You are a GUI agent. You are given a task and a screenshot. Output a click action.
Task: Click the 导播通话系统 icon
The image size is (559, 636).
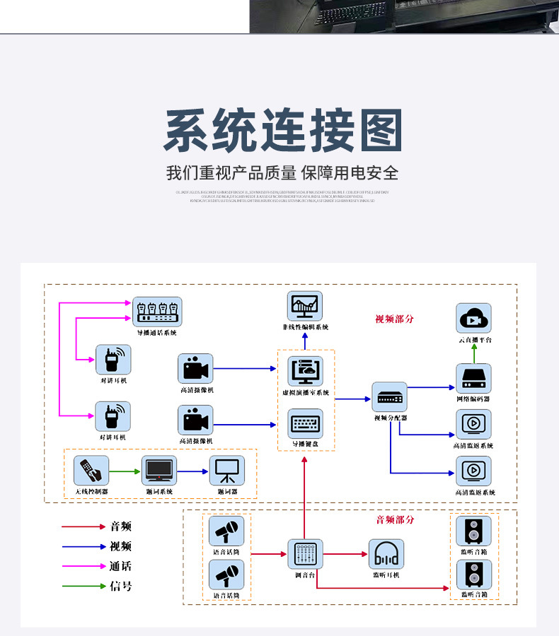pyautogui.click(x=157, y=312)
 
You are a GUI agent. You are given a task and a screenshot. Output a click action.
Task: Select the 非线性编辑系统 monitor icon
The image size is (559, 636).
pyautogui.click(x=305, y=306)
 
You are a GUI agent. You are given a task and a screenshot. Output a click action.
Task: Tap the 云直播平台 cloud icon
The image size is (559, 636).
pyautogui.click(x=473, y=319)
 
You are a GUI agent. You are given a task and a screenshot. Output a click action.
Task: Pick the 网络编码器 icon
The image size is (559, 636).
pyautogui.click(x=473, y=379)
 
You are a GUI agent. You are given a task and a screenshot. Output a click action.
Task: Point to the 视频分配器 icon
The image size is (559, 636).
pyautogui.click(x=391, y=397)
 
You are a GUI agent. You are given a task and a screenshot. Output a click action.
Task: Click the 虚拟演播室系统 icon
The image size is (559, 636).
pyautogui.click(x=305, y=372)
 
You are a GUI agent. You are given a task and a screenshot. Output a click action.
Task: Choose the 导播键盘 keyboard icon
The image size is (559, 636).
pyautogui.click(x=305, y=424)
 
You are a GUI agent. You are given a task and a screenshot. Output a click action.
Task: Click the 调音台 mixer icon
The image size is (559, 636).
pyautogui.click(x=305, y=554)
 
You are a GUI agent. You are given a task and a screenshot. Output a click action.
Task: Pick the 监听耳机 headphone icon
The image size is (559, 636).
pyautogui.click(x=386, y=554)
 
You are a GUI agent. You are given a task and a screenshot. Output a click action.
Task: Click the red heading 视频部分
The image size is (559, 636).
pyautogui.click(x=394, y=319)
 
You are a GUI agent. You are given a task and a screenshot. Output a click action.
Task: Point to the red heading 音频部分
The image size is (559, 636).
pyautogui.click(x=395, y=520)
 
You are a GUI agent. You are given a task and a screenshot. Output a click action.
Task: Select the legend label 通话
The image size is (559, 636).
pyautogui.click(x=120, y=566)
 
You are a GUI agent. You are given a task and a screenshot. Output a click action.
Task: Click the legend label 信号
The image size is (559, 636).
pyautogui.click(x=120, y=586)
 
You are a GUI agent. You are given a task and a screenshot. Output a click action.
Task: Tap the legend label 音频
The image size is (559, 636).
pyautogui.click(x=120, y=526)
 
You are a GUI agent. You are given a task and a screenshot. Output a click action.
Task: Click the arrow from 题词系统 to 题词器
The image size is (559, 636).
pyautogui.click(x=192, y=471)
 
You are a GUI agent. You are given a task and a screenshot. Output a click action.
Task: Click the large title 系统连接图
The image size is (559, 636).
pyautogui.click(x=283, y=131)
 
